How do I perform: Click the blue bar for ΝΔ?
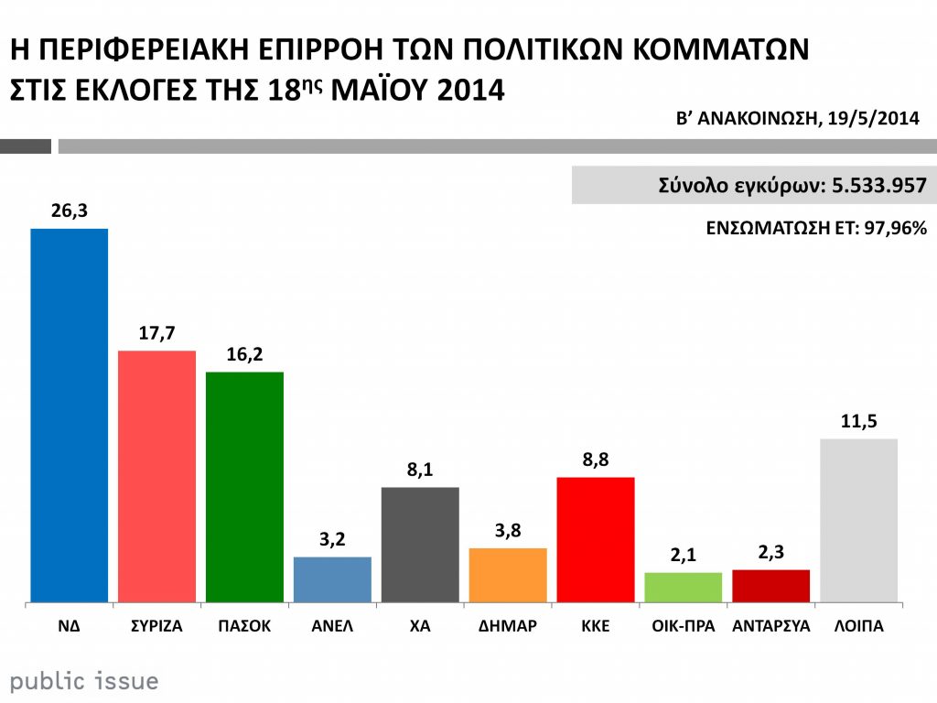click(x=70, y=416)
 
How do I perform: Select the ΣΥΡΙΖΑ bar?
click(x=157, y=476)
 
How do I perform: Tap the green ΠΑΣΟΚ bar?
click(x=244, y=487)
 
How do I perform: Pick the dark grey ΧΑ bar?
click(x=420, y=545)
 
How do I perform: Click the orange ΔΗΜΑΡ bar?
click(x=507, y=575)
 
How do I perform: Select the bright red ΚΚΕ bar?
click(x=595, y=540)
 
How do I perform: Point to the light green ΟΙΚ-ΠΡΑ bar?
click(x=683, y=587)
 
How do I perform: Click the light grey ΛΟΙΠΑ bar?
click(x=858, y=520)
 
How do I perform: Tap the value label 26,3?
click(x=69, y=211)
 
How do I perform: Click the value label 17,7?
click(x=156, y=334)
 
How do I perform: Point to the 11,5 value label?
click(x=858, y=422)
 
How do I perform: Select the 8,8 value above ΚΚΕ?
click(x=595, y=460)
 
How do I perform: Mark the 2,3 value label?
click(x=770, y=553)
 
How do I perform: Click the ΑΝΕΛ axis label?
click(x=332, y=627)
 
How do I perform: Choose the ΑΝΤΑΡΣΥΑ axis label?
click(x=771, y=627)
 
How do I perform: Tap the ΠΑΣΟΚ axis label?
click(x=244, y=627)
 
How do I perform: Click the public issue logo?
click(x=84, y=681)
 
